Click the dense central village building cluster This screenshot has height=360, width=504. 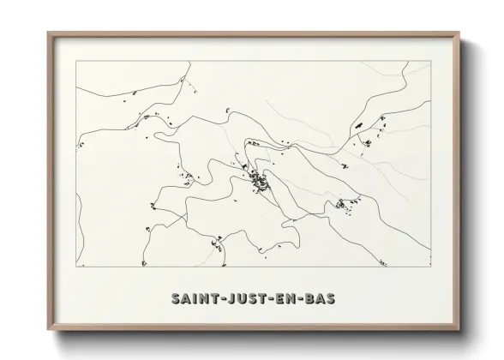click(x=257, y=179)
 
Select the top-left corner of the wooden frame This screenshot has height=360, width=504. click(x=48, y=33)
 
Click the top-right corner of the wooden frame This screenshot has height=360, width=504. click(x=459, y=33)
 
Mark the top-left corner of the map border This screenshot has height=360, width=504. click(x=75, y=61)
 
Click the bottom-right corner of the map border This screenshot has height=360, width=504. click(x=431, y=267)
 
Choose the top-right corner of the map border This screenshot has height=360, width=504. click(x=431, y=61)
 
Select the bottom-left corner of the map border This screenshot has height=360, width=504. click(x=75, y=267)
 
